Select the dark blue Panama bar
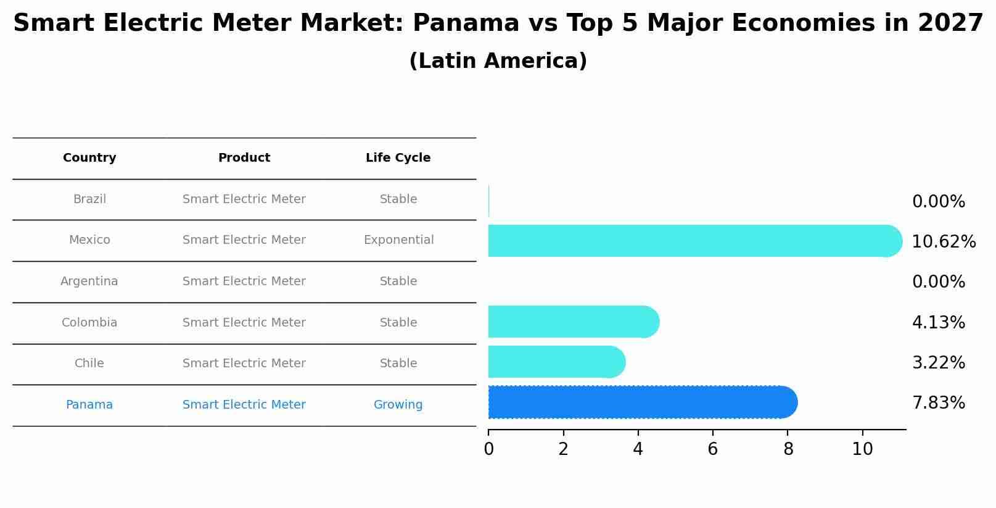[641, 402]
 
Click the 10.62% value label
[944, 242]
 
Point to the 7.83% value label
[938, 403]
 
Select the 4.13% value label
[938, 323]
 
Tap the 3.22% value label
[938, 363]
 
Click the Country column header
[89, 158]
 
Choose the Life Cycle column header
[398, 158]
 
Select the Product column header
[244, 158]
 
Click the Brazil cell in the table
[89, 199]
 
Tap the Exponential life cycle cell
[398, 240]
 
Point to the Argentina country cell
[89, 281]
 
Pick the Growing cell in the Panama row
[398, 405]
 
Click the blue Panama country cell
[89, 405]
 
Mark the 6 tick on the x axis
[712, 449]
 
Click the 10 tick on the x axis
[862, 449]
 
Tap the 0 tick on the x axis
[488, 449]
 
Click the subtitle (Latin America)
[498, 61]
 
